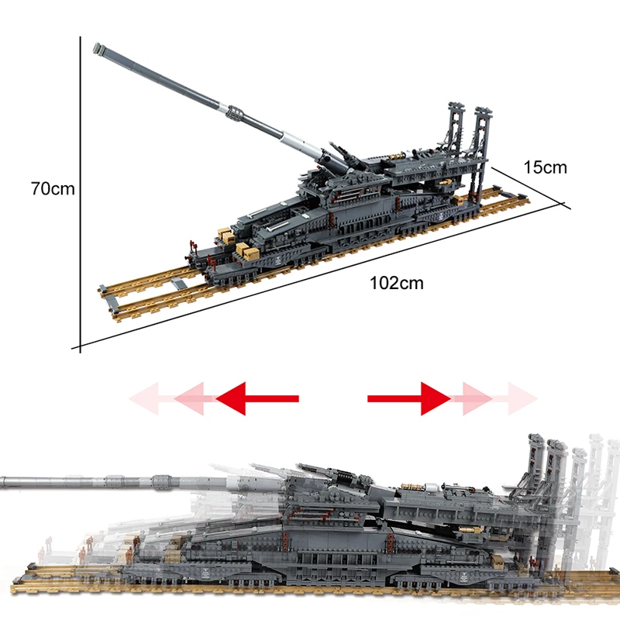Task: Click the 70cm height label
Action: pos(52,188)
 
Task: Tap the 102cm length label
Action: pos(397,283)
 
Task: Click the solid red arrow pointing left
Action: pos(256,398)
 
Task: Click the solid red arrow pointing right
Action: pos(409,398)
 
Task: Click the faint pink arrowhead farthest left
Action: pos(144,398)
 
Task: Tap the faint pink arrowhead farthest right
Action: pos(522,398)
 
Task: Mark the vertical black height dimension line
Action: pos(80,194)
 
